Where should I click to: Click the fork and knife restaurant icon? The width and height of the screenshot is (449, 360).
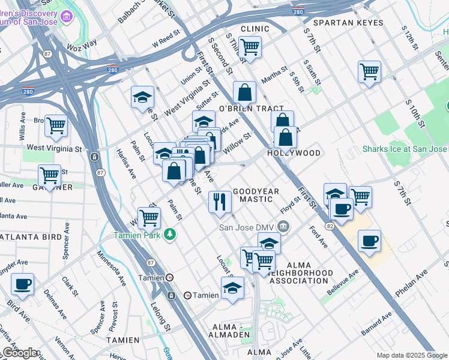coord(220,201)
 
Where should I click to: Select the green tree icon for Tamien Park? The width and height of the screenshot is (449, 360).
coord(170,233)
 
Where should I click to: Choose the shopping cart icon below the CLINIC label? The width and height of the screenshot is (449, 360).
coord(250,46)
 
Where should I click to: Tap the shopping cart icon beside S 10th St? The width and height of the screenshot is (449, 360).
coord(369,71)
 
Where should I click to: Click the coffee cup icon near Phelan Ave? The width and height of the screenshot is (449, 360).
coord(370,241)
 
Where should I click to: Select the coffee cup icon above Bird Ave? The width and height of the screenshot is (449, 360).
coord(22,284)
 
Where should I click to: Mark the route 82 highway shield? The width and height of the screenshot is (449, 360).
coord(330,226)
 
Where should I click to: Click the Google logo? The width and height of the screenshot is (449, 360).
coord(20,353)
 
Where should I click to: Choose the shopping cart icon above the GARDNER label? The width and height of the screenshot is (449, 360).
coord(49,175)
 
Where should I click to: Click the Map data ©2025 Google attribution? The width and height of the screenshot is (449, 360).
coord(411,355)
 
